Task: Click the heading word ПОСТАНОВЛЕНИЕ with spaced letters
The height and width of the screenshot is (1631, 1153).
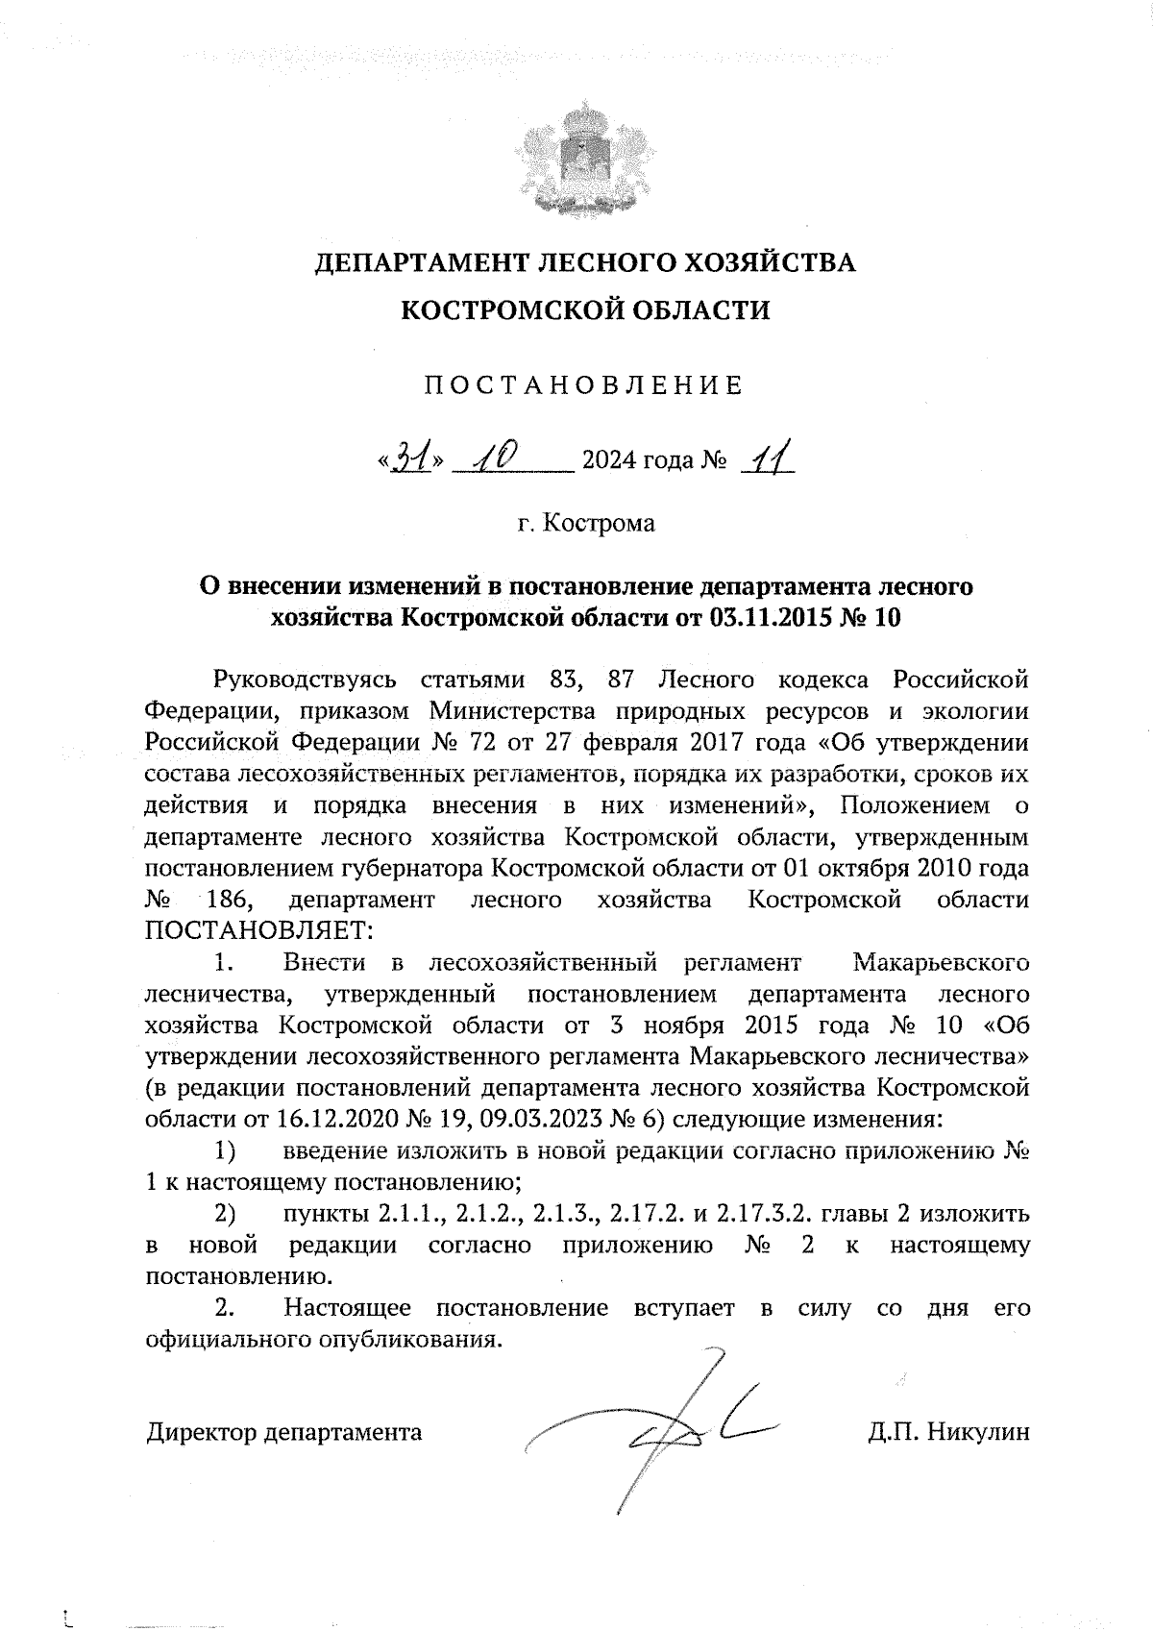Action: click(584, 386)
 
